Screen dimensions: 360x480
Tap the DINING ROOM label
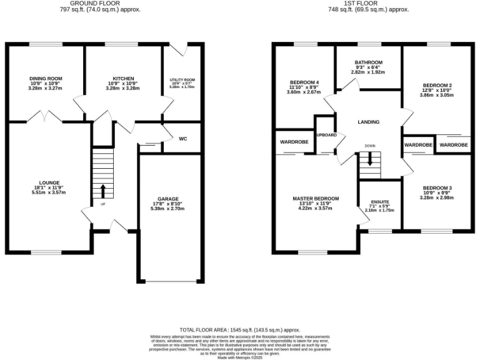[46, 78]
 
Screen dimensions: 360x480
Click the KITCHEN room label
[123, 78]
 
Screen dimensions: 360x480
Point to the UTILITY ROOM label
[182, 80]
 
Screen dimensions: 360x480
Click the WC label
[183, 138]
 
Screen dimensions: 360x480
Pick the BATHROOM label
[367, 62]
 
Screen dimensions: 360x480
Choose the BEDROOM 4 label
[304, 82]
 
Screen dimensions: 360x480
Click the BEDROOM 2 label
[437, 85]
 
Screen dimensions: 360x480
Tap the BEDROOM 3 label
[437, 188]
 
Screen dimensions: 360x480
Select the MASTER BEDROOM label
[315, 198]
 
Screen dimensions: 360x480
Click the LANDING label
[368, 122]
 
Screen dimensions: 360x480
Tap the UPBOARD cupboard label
[326, 135]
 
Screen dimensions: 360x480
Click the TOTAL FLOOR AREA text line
[240, 329]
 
